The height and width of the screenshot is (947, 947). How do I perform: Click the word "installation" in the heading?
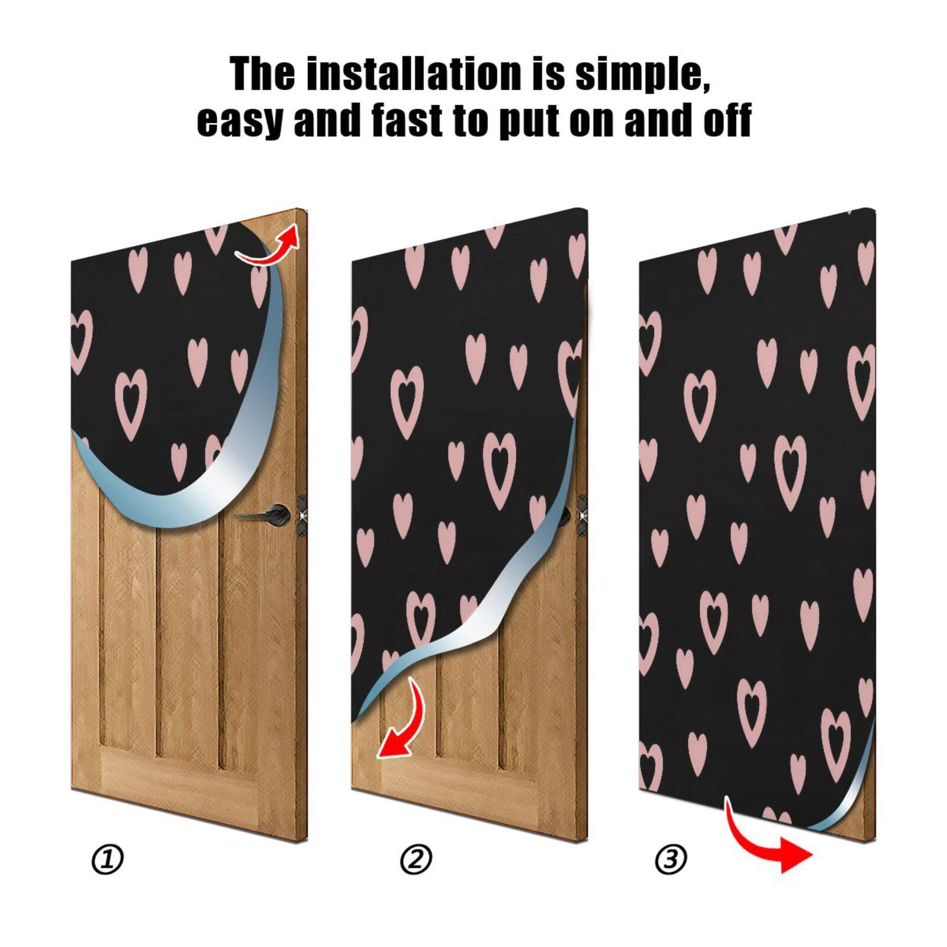click(414, 74)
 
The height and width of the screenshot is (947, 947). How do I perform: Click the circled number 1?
click(108, 859)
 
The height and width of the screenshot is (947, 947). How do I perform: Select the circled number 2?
click(416, 859)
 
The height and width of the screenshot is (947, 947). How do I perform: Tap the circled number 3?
click(671, 859)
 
